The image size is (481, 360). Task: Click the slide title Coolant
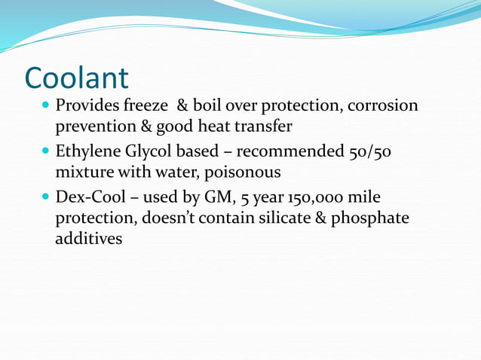click(76, 78)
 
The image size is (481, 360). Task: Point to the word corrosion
click(382, 106)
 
